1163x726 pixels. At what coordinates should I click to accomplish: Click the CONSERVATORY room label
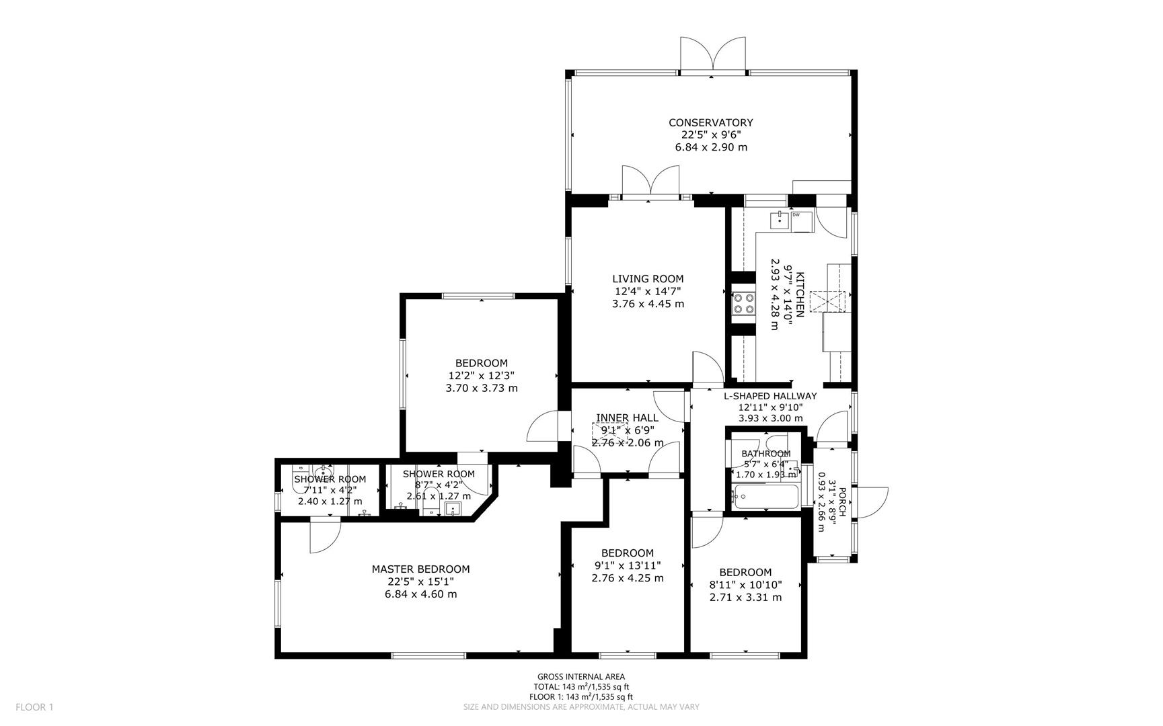click(710, 122)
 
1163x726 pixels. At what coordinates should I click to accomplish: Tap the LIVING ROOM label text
click(647, 279)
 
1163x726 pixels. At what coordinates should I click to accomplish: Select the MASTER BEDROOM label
click(420, 569)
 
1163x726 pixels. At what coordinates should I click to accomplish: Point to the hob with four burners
click(743, 303)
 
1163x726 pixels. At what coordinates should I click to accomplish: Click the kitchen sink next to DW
click(780, 219)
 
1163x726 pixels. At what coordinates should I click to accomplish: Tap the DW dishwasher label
click(796, 215)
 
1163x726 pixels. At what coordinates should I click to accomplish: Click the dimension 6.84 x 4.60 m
click(420, 594)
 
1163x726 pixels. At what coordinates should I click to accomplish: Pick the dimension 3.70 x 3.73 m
click(481, 389)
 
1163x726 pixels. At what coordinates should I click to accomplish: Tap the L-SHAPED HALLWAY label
click(770, 397)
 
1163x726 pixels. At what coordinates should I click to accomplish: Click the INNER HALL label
click(627, 418)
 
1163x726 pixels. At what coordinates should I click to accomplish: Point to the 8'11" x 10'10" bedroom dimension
click(745, 585)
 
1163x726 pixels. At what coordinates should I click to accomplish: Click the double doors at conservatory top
click(712, 54)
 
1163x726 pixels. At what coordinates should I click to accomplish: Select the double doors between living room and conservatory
click(650, 181)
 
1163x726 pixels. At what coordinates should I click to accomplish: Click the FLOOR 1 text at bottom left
click(34, 707)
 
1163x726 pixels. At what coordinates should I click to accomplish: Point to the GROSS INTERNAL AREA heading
click(580, 677)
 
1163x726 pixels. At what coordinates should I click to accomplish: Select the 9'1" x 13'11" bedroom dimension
click(627, 566)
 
